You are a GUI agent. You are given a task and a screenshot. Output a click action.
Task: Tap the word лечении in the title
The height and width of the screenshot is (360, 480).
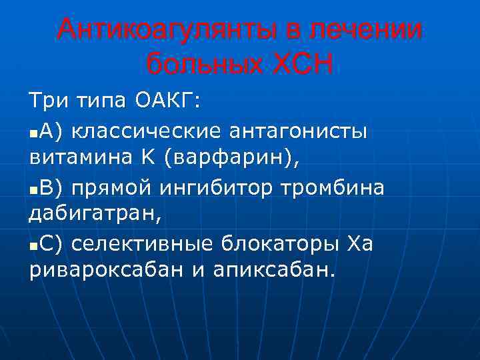point(375,31)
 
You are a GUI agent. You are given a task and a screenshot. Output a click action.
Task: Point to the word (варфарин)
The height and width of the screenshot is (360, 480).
point(229,159)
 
